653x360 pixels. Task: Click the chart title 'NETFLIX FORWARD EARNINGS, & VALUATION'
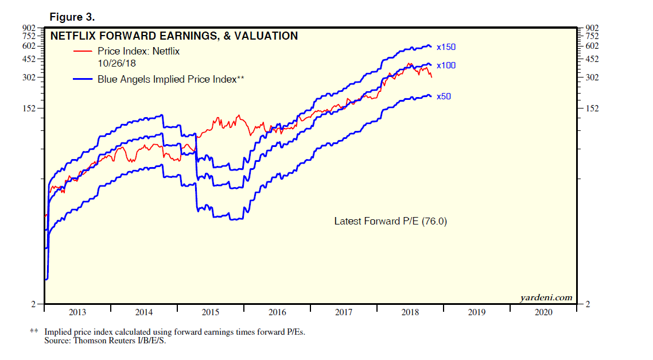tap(174, 36)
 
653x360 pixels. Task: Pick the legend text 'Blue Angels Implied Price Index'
tap(167, 79)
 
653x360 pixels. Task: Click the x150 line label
tap(446, 47)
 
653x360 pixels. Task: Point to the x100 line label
tap(446, 65)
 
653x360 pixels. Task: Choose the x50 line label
tap(444, 96)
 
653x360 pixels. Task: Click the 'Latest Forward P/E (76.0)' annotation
tap(390, 220)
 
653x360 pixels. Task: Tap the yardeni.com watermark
tap(546, 297)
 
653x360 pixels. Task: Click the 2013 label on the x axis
tap(77, 312)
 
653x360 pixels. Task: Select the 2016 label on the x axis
tap(277, 312)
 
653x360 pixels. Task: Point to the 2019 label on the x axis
tap(477, 312)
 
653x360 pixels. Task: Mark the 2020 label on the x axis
tap(543, 312)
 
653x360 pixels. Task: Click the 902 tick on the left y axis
tap(29, 27)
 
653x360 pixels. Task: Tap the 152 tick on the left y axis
tap(29, 108)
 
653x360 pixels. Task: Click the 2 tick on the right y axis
tap(587, 304)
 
